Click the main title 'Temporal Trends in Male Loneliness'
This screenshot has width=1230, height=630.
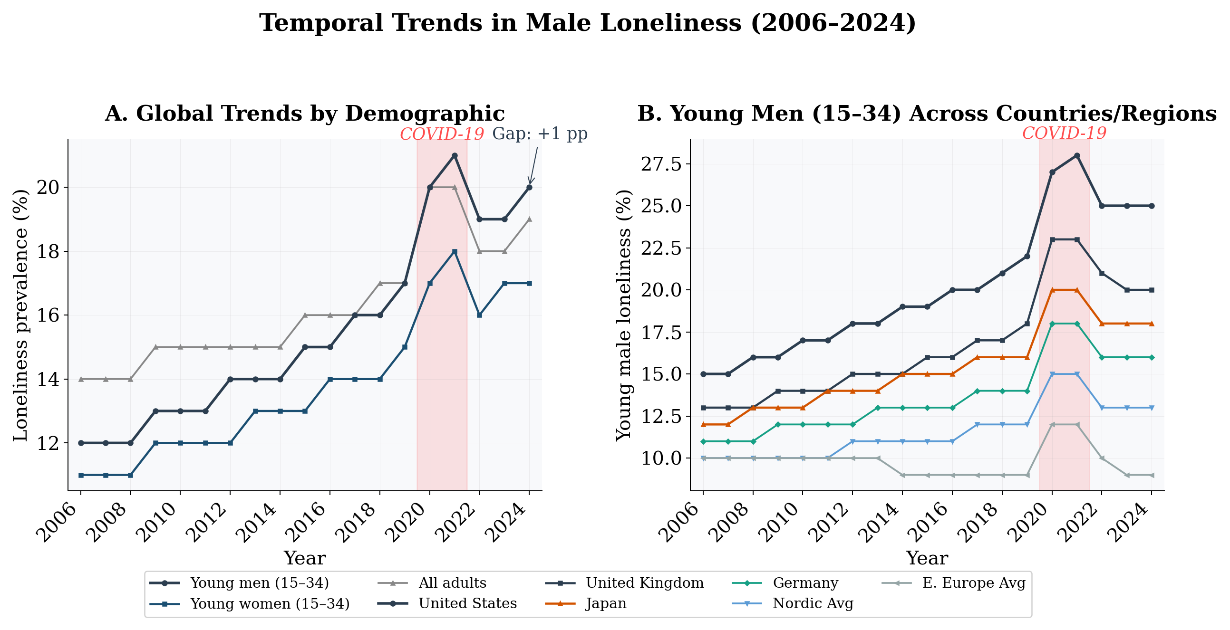[587, 23]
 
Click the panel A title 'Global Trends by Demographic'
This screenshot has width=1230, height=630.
[305, 114]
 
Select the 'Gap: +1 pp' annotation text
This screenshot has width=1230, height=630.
[540, 134]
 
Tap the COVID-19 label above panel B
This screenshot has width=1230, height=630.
[1064, 133]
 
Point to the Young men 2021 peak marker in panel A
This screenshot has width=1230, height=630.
[455, 155]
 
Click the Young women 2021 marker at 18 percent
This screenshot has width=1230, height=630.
[455, 251]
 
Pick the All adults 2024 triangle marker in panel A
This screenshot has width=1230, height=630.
[529, 219]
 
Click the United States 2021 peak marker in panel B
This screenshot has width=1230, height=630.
[1077, 155]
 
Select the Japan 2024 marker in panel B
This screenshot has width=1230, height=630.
[1152, 324]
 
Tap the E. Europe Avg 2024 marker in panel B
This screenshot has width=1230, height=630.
[1152, 475]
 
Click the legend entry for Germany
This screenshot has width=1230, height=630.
[805, 583]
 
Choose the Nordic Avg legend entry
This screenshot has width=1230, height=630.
[812, 603]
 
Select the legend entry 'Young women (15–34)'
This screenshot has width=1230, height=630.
[269, 604]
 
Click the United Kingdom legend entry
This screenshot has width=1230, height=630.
[644, 583]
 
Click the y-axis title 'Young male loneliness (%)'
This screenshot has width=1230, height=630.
[624, 315]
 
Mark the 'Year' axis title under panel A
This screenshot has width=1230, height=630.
[305, 558]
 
